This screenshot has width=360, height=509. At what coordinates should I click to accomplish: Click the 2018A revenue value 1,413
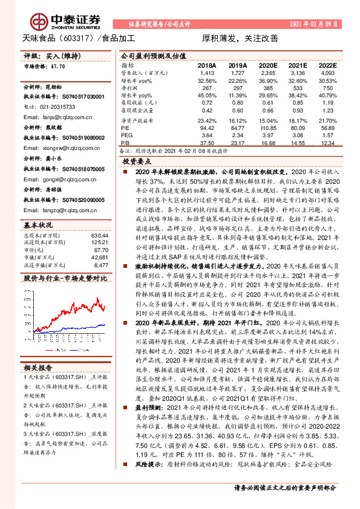point(207,71)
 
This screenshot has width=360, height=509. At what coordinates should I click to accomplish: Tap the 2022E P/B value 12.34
point(327,143)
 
